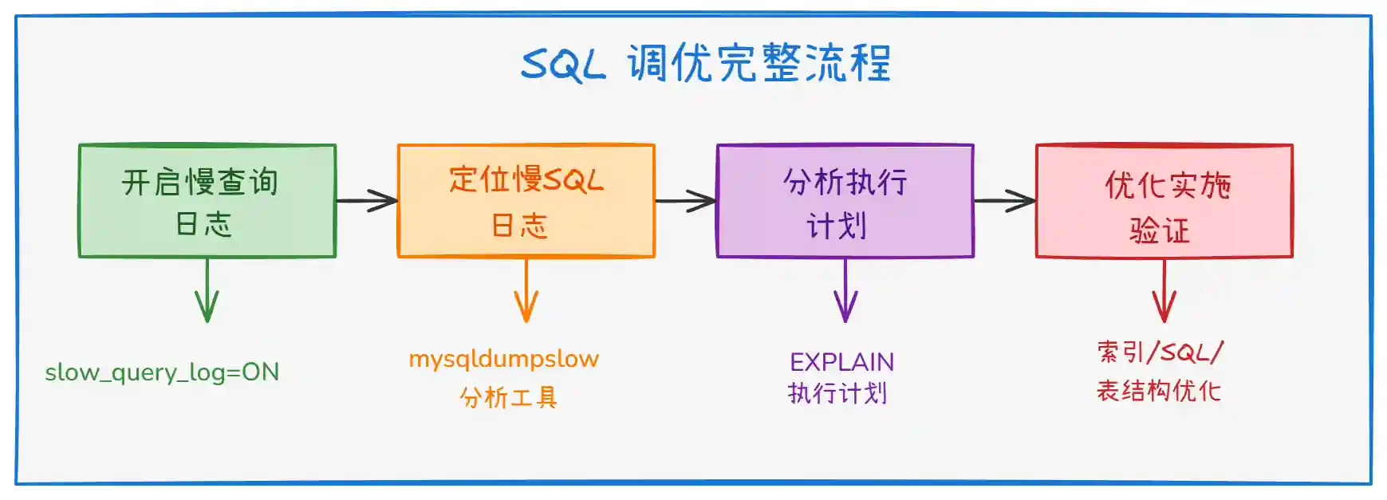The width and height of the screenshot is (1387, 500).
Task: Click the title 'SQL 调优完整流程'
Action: point(706,63)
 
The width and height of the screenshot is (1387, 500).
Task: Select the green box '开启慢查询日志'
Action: point(207,201)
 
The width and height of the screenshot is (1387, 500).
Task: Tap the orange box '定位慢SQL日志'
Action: point(526,201)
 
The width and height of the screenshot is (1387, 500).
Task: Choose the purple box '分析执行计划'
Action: point(845,201)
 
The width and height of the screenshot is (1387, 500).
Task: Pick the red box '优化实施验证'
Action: point(1164,201)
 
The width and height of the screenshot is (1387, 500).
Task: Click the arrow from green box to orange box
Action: point(367,200)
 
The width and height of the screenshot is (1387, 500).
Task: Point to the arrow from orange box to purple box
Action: point(686,201)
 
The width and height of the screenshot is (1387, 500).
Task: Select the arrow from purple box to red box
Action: point(1005,201)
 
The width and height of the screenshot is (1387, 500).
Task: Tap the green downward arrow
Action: point(207,290)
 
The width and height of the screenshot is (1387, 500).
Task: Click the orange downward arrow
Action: point(526,290)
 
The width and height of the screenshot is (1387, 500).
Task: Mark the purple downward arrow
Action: point(845,290)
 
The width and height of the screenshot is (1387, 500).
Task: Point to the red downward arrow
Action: point(1164,290)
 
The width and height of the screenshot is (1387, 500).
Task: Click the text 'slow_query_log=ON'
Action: point(162,372)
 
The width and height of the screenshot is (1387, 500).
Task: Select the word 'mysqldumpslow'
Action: point(503,360)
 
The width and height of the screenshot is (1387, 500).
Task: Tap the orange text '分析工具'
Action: point(508,397)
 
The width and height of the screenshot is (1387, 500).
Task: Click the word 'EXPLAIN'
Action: point(841,363)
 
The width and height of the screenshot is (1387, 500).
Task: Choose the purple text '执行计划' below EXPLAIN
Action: point(837,393)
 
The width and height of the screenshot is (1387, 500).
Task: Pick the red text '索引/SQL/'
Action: point(1160,352)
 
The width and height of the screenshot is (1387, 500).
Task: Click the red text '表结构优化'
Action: point(1158,391)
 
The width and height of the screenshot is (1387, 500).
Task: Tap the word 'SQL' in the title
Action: point(563,65)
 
